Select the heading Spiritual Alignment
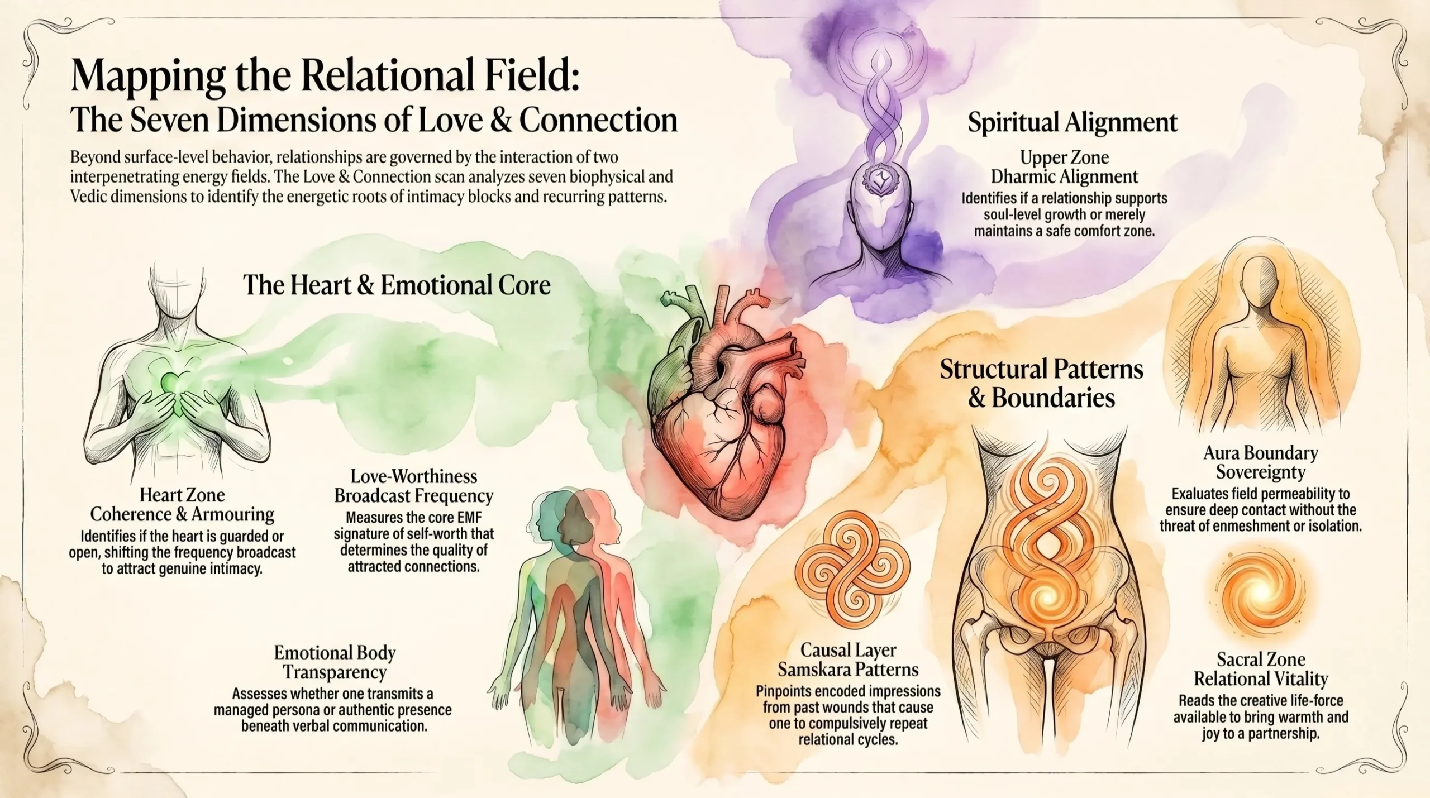[1072, 122]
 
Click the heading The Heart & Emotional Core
[397, 285]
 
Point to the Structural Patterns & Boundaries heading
[1041, 384]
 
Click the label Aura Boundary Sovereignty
[1260, 462]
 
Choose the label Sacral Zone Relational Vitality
[1260, 669]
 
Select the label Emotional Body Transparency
[335, 662]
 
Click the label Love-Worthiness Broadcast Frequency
[413, 486]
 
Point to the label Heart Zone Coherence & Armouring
[182, 504]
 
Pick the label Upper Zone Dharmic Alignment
[1064, 166]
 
